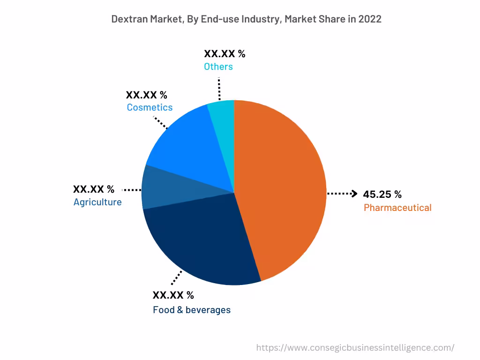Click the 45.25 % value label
point(382,195)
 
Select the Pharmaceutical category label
point(397,208)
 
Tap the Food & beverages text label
point(192,310)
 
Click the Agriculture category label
point(97,202)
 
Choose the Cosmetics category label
point(150,107)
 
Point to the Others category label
point(218,67)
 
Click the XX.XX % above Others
point(225,54)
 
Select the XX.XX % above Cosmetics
point(146,95)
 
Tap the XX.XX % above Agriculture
point(93,189)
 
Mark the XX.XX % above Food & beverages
point(173,295)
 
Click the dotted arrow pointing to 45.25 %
point(342,194)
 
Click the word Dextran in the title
point(129,19)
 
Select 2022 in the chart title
point(370,19)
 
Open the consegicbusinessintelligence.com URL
point(355,348)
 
